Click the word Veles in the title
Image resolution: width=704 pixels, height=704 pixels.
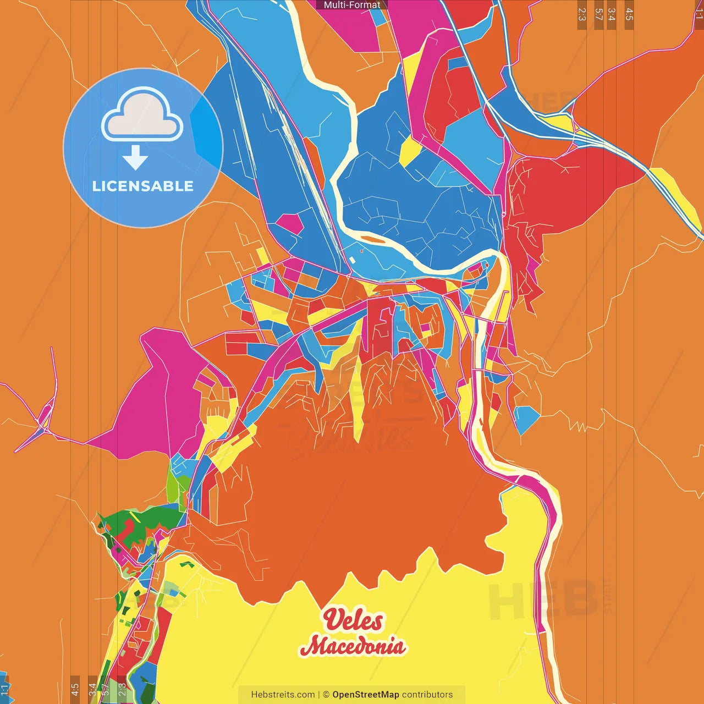pos(353,620)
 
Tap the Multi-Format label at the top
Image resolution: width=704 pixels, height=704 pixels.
pos(352,5)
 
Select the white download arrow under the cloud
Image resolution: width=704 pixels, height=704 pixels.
pos(135,157)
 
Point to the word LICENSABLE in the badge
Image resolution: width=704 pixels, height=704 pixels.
pos(143,186)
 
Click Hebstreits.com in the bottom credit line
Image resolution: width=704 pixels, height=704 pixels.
pos(283,695)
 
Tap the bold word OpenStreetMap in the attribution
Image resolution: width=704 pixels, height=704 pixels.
pos(365,695)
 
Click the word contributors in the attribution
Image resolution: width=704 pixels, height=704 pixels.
pos(427,695)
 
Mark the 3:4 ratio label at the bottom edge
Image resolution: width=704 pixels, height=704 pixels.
pos(92,689)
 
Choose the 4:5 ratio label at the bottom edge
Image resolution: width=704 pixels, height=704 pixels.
pos(75,689)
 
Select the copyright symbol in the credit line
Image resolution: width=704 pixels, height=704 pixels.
pos(326,695)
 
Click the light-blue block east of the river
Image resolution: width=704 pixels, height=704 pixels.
pos(527,418)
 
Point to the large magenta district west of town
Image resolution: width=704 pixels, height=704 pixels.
pos(159,396)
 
